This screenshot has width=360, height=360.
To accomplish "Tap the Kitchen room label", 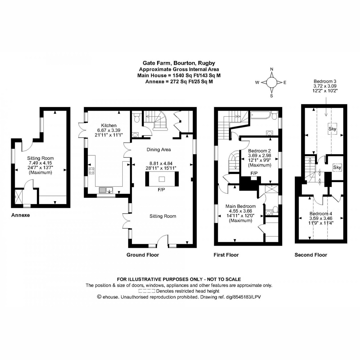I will [109, 125].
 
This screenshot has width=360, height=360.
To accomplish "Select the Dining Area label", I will [159, 149].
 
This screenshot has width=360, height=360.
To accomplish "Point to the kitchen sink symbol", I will [105, 190].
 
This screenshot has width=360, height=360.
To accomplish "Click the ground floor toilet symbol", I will [137, 118].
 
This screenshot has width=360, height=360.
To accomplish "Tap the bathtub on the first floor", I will [261, 114].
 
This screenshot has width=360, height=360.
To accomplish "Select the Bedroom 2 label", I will [259, 151].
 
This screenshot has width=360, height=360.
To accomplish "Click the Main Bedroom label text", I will [240, 206].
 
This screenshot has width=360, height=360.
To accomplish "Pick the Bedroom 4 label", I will [321, 214].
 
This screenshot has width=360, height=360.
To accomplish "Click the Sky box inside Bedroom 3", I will [332, 129].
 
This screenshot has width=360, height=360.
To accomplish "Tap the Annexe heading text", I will [20, 215].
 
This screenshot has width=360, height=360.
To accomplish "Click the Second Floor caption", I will [310, 255].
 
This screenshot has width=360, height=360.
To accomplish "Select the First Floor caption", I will [226, 255].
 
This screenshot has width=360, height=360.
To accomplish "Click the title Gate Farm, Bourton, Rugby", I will [178, 63].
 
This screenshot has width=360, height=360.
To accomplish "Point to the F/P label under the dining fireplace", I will [161, 190].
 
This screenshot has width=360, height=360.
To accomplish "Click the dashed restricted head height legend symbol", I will [147, 291].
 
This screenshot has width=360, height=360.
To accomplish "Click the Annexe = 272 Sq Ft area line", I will [179, 81].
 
